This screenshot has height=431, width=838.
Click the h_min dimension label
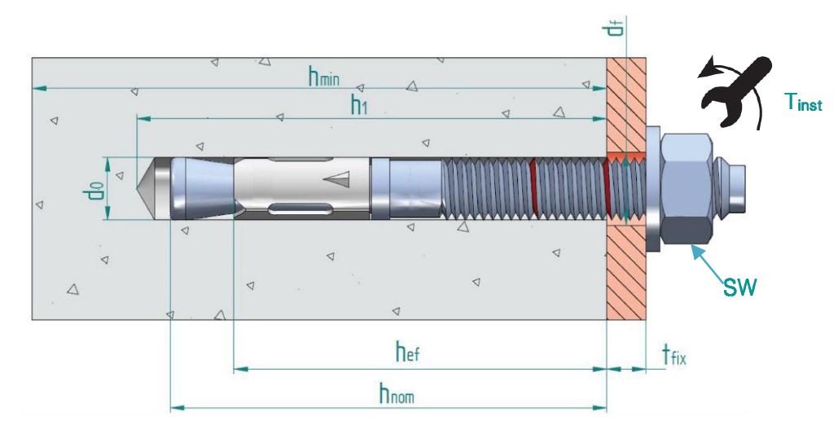323,77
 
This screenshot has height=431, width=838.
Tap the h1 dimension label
358,104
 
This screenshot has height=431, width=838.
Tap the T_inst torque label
803,103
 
